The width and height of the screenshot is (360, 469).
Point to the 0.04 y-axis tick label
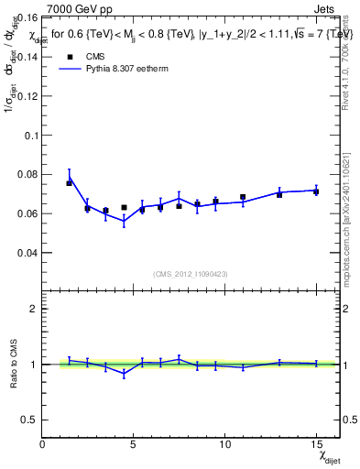coord(28,253)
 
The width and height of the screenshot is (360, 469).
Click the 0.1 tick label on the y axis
coord(32,135)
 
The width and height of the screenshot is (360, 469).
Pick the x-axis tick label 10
coord(224,444)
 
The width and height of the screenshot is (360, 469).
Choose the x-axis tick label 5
coord(134,444)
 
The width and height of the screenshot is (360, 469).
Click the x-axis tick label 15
coord(315,444)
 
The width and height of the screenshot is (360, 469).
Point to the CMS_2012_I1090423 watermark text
coord(190,274)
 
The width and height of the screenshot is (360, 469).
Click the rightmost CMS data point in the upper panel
coord(316,191)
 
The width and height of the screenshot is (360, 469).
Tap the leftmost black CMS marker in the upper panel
coord(69,183)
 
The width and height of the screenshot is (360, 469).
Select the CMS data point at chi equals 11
coord(243,197)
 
